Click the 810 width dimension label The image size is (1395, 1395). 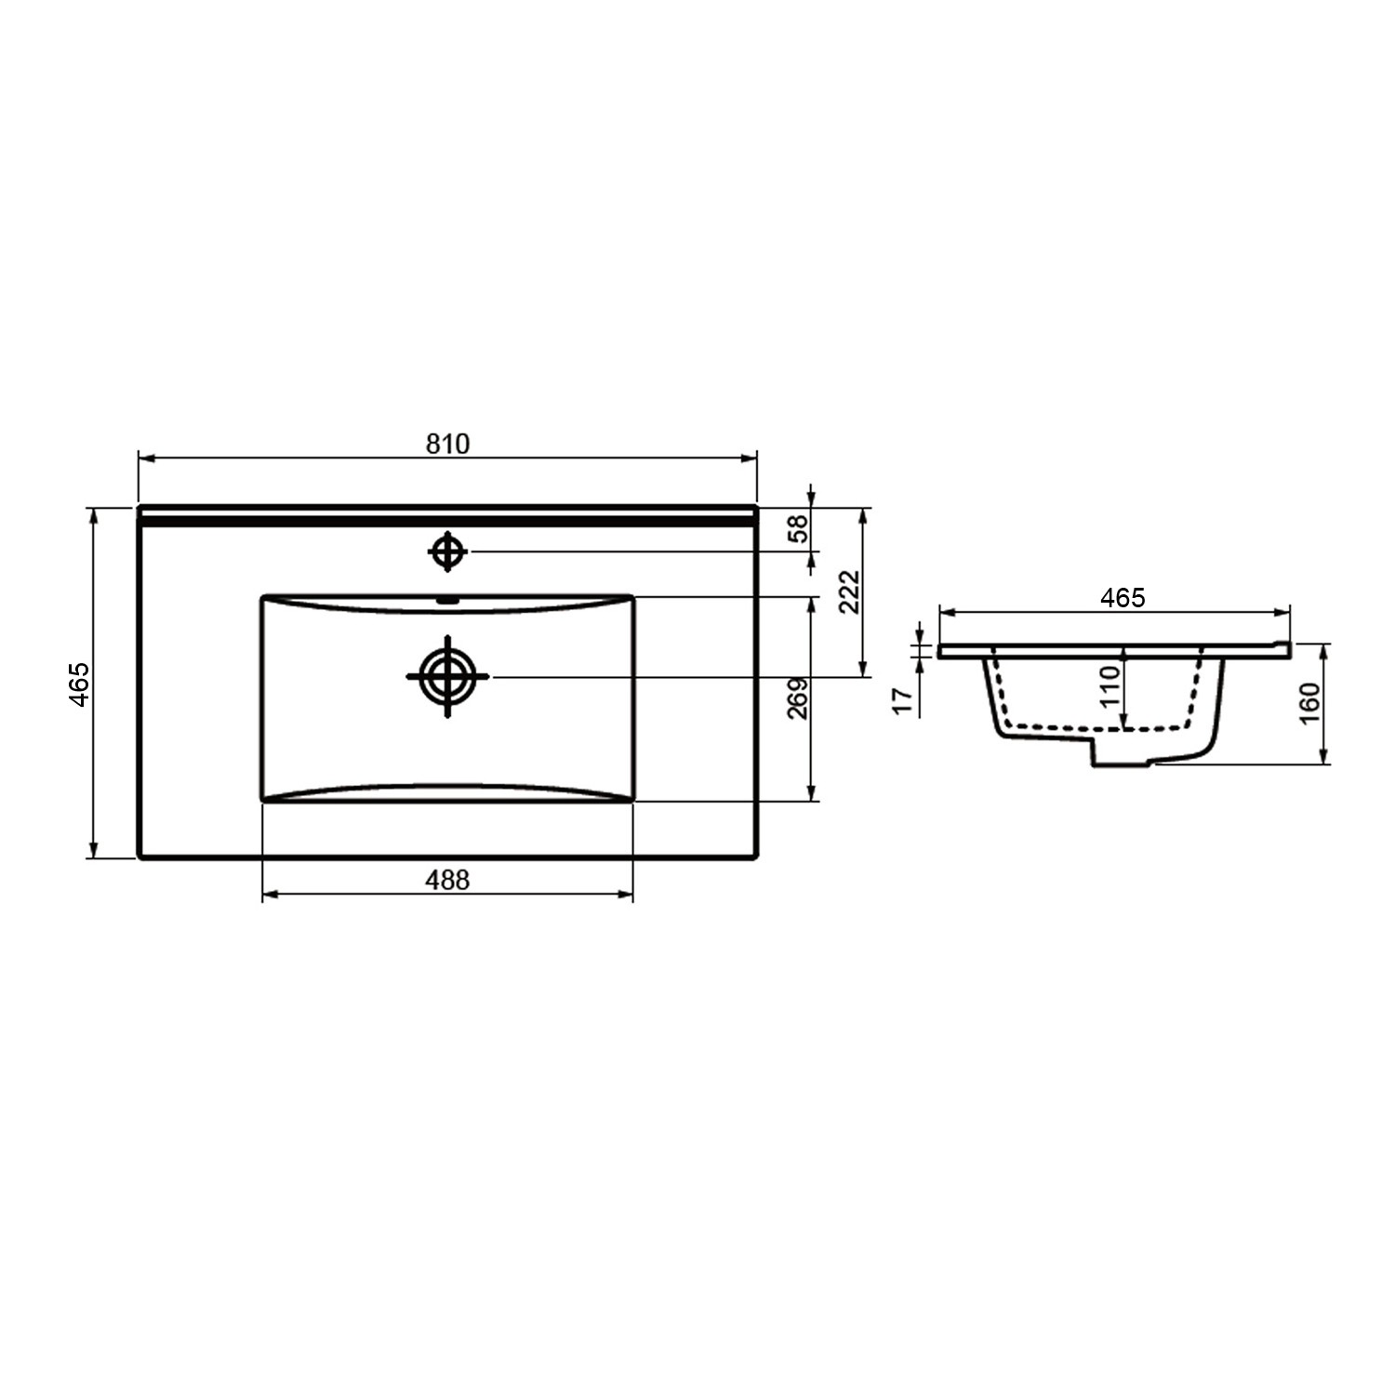click(x=447, y=445)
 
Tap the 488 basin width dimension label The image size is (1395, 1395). click(x=447, y=879)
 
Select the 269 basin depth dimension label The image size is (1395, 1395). click(x=798, y=698)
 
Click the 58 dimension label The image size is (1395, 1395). click(x=798, y=528)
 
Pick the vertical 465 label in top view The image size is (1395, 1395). click(x=79, y=684)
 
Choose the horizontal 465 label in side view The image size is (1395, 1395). click(x=1123, y=598)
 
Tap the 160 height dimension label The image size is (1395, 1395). click(x=1309, y=704)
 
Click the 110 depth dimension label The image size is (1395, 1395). click(x=1109, y=687)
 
